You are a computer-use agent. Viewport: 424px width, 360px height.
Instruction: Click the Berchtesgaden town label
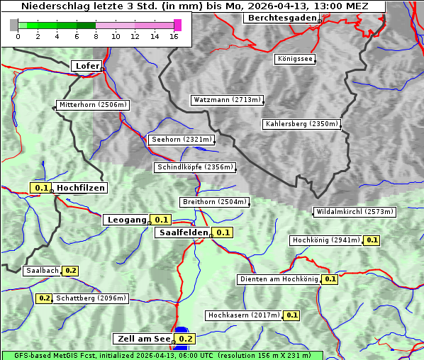coord(281,18)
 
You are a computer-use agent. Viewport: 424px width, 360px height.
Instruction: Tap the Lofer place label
coord(86,66)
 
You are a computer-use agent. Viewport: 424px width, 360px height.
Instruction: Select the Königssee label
coord(294,59)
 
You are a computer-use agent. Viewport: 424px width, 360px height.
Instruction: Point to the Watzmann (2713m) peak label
coord(227,100)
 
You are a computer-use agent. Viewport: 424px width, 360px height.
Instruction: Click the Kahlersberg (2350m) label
coord(301,124)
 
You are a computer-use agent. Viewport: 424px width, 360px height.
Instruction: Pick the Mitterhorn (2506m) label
coord(93,105)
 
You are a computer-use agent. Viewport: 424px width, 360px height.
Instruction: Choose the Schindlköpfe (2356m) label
coord(194,167)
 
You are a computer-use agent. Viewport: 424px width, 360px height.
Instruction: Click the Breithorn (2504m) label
coord(213,202)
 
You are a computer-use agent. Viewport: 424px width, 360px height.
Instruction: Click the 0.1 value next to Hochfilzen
coord(41,188)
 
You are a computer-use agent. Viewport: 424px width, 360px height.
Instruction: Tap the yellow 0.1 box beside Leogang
coord(161,220)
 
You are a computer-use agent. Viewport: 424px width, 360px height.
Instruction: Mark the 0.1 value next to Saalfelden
coord(223,232)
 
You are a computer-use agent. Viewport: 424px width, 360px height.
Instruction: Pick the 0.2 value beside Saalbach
coord(70,271)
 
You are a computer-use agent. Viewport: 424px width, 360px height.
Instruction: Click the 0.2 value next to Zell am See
coord(185,339)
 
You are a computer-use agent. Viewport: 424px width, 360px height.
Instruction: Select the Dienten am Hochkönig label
coord(278,279)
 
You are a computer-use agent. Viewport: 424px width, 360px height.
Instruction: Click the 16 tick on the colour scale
coord(174,36)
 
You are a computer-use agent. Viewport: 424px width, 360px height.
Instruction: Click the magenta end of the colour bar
coord(177,25)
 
